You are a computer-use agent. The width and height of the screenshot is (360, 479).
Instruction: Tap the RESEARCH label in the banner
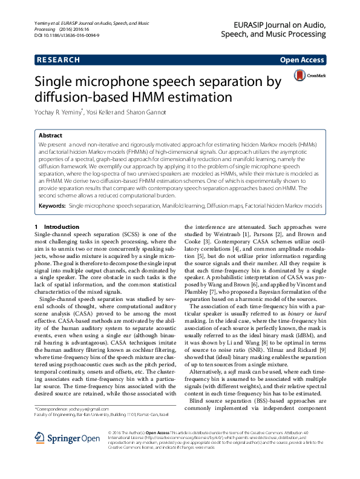[58, 60]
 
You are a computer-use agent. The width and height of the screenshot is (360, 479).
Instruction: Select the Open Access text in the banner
[301, 60]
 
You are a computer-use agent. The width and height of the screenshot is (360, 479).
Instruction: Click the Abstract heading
[50, 136]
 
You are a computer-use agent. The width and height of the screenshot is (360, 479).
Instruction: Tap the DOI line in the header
[67, 36]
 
